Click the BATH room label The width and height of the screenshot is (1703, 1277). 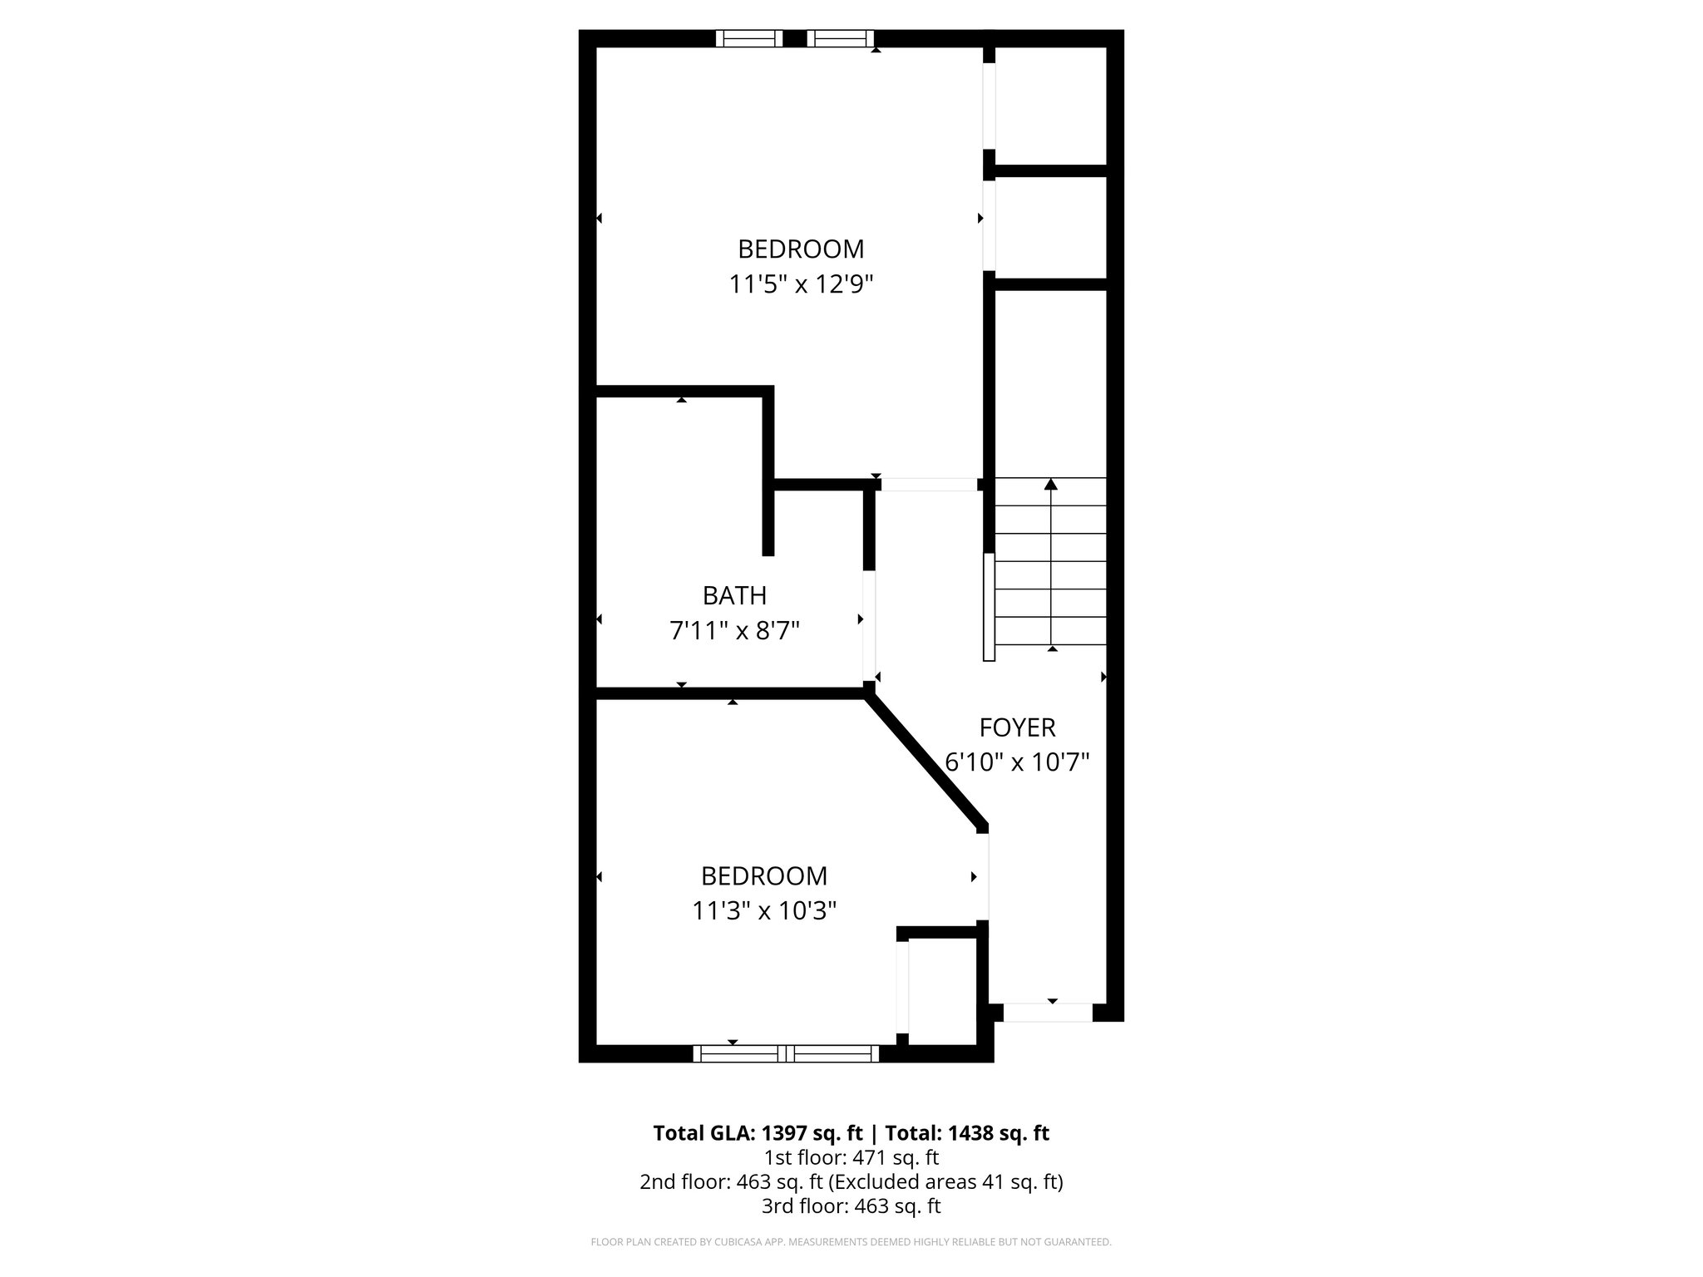(x=734, y=595)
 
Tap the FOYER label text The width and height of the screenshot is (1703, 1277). (x=1017, y=727)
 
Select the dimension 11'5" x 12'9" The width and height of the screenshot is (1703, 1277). (x=801, y=284)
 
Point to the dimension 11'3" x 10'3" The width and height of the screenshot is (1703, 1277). (x=764, y=911)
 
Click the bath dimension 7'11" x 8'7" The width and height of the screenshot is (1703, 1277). (x=734, y=631)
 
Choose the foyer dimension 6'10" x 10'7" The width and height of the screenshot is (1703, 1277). (x=1017, y=762)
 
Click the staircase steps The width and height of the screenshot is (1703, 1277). (x=1051, y=574)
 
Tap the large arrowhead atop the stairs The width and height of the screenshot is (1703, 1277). (x=1051, y=484)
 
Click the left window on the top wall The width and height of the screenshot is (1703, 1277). (x=749, y=38)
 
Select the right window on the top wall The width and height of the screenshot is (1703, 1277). (x=840, y=38)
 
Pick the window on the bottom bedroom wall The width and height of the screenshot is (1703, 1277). (x=786, y=1053)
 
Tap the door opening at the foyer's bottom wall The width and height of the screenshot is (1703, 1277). (x=1048, y=1012)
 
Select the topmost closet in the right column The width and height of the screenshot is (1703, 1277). (x=1050, y=106)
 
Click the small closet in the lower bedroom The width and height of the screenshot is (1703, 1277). (x=941, y=991)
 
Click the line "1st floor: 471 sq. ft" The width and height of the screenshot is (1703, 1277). (x=851, y=1157)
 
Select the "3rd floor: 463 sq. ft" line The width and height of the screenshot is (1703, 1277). (x=851, y=1206)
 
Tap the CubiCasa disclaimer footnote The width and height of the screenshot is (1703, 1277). (x=851, y=1242)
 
